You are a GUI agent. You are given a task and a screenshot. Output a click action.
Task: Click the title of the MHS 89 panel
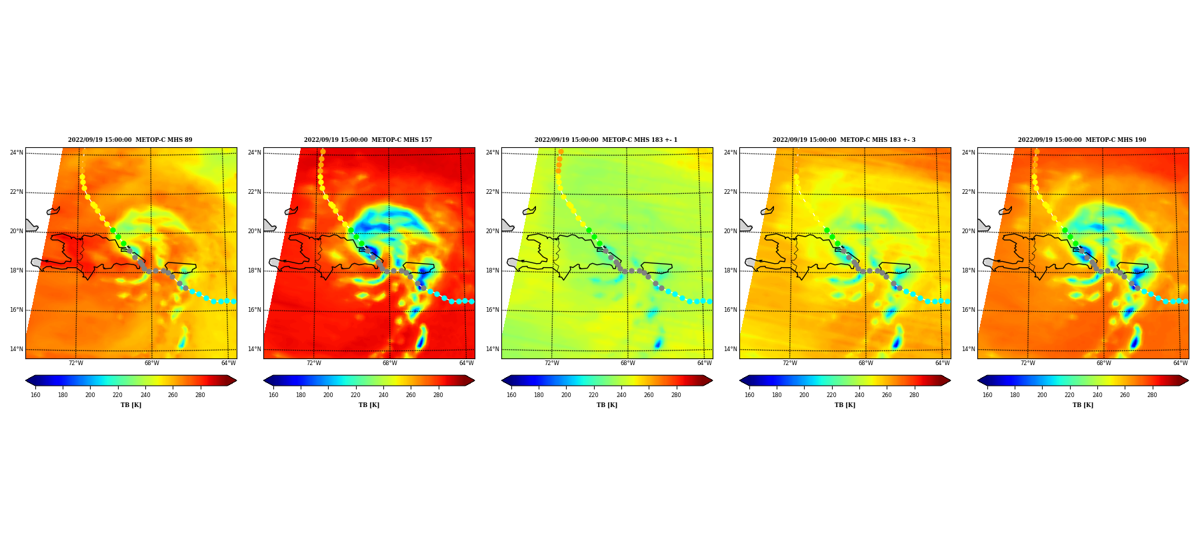click(x=130, y=140)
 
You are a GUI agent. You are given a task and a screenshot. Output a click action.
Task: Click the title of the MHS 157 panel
click(x=368, y=140)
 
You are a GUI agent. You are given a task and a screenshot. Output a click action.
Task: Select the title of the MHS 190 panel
click(x=1082, y=140)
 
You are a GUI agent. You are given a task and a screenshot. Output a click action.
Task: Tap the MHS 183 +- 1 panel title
click(x=606, y=140)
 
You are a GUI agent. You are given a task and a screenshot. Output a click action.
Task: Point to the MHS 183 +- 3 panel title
click(x=844, y=140)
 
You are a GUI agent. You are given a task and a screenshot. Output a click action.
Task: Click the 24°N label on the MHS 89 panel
click(x=16, y=153)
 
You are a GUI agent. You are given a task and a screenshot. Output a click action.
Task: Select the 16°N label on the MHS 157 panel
click(x=254, y=310)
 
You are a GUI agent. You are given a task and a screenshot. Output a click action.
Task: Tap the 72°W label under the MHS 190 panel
click(x=1028, y=363)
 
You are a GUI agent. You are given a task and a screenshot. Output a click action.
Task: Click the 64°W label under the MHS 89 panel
click(x=229, y=363)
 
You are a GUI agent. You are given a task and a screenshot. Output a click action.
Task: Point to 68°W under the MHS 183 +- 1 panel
click(x=628, y=363)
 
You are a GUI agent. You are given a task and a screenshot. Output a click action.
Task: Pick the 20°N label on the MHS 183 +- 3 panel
click(x=730, y=231)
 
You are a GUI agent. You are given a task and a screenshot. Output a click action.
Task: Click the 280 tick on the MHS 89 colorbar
click(x=200, y=395)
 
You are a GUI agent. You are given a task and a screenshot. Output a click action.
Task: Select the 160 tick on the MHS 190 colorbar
click(x=987, y=395)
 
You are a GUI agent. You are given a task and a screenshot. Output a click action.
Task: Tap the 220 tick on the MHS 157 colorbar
click(x=355, y=395)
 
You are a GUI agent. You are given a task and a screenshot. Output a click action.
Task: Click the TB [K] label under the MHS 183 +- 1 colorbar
click(x=607, y=405)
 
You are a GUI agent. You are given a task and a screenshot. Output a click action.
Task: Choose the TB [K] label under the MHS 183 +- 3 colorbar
click(x=845, y=405)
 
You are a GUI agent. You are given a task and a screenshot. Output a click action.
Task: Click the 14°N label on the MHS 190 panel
click(x=968, y=349)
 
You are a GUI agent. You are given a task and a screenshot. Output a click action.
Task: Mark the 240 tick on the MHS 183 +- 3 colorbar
click(x=859, y=395)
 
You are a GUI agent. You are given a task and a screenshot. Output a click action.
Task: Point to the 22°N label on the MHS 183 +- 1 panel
click(x=492, y=192)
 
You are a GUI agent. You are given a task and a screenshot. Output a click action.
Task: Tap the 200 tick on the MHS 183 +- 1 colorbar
click(x=566, y=395)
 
